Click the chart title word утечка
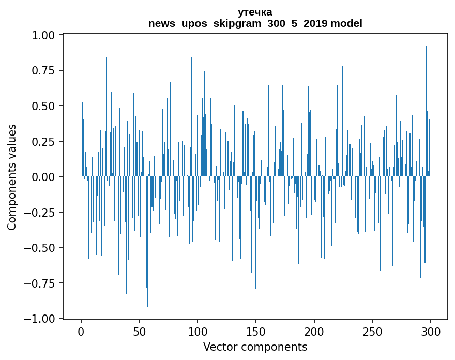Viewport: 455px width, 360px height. click(255, 12)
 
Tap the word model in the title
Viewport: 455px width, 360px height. click(346, 23)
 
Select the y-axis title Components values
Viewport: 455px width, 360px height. click(12, 177)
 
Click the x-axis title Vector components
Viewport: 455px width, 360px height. click(255, 347)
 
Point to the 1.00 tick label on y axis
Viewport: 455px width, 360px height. click(44, 35)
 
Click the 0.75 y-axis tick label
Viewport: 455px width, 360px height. click(44, 70)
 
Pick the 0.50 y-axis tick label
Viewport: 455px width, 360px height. click(44, 106)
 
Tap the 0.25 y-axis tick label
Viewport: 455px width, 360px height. click(44, 141)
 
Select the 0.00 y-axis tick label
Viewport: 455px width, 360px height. click(44, 177)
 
